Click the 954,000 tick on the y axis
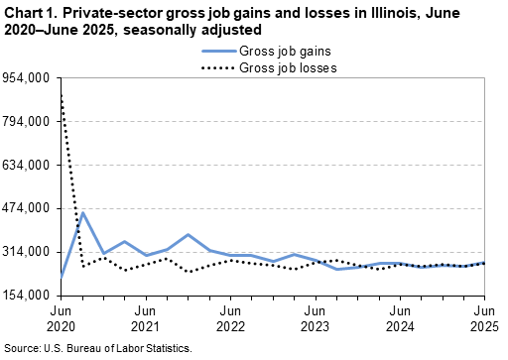tap(29, 77)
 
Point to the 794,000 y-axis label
tap(29, 121)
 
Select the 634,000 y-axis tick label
tap(29, 165)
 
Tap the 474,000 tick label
tap(29, 208)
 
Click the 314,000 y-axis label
tap(29, 252)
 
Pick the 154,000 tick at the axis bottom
tap(29, 296)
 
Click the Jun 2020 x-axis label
tap(61, 318)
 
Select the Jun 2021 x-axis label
tap(145, 318)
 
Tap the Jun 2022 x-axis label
tap(230, 318)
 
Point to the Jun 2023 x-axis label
tap(315, 318)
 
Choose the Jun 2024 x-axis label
tap(400, 318)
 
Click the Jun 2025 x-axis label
tap(483, 318)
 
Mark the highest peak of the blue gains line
tap(82, 212)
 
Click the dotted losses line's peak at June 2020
tap(62, 91)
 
